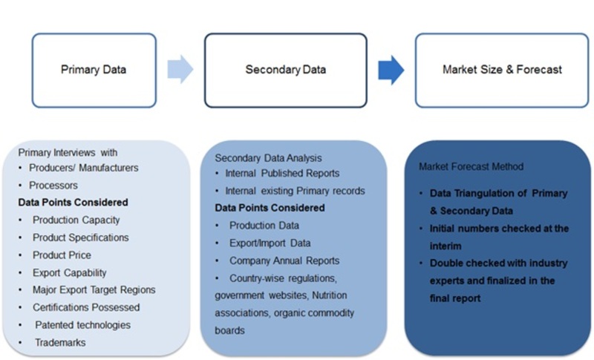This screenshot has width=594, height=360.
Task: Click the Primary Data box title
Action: [94, 70]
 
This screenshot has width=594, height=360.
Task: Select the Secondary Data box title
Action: [286, 70]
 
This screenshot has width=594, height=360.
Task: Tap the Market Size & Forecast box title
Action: [502, 70]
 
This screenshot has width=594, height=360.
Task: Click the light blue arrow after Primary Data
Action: [180, 70]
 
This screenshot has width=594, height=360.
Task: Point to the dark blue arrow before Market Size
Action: [391, 70]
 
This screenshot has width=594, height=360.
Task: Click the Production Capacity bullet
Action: [76, 220]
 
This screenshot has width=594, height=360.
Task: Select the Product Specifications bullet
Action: [80, 238]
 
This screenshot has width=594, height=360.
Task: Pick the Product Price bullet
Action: [62, 255]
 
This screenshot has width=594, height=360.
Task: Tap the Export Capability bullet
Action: [69, 272]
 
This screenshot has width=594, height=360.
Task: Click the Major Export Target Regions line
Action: [94, 289]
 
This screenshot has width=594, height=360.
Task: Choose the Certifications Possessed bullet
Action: [85, 307]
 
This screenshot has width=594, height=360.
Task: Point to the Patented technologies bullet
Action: [82, 325]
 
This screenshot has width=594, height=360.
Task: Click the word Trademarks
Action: [60, 343]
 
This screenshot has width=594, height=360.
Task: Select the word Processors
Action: [53, 186]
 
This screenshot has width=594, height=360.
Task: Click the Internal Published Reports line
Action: [282, 173]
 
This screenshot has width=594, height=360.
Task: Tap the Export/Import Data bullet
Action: [270, 243]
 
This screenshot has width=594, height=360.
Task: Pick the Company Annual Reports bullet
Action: [284, 261]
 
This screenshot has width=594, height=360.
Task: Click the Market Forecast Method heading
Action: [471, 166]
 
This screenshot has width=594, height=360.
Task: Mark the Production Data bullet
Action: [264, 225]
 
